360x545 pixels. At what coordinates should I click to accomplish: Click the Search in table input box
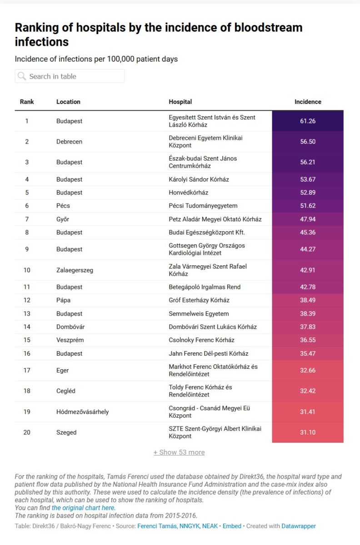click(70, 76)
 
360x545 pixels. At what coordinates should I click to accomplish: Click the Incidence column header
click(308, 102)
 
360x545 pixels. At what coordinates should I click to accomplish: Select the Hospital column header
click(180, 102)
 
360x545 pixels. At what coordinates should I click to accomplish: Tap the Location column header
click(68, 102)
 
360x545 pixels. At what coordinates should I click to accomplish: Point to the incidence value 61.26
click(308, 121)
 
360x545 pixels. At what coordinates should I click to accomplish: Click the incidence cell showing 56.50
click(308, 142)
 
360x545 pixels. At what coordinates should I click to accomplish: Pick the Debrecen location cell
click(69, 142)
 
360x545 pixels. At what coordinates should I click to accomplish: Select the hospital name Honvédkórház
click(188, 193)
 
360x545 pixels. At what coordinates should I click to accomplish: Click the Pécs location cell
click(63, 206)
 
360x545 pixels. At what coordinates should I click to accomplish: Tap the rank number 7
click(27, 219)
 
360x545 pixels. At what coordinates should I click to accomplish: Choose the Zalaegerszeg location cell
click(75, 270)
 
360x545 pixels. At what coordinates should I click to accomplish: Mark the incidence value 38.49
click(308, 300)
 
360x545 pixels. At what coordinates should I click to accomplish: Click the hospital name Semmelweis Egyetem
click(199, 314)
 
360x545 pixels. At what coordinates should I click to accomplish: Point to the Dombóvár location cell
click(70, 327)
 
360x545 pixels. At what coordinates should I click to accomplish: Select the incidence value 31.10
click(308, 432)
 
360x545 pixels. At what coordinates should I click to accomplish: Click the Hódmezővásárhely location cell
click(82, 412)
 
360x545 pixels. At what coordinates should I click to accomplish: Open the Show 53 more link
click(179, 452)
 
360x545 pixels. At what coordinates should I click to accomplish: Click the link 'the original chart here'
click(83, 508)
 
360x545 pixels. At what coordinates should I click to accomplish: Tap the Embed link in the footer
click(232, 526)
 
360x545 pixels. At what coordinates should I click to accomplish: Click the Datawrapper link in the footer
click(298, 526)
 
